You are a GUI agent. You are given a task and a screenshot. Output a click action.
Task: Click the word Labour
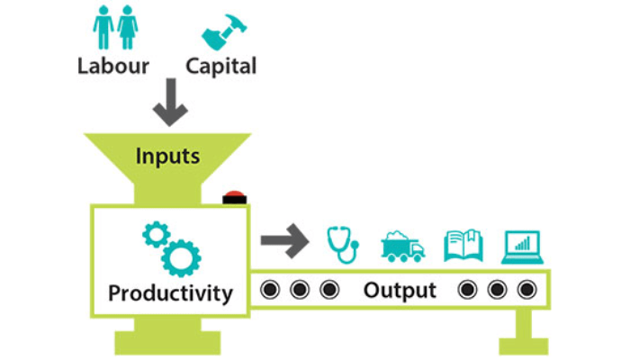114,66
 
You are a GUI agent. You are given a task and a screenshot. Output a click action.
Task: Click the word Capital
220,66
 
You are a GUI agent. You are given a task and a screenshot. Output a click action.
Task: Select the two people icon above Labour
114,27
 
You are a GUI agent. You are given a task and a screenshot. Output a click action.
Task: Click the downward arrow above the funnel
169,105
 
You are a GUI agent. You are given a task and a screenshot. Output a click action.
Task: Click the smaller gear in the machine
156,236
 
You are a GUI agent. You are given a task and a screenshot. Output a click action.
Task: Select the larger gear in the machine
182,256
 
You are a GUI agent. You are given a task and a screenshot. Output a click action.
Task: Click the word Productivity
170,293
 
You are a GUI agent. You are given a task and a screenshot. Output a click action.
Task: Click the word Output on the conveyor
400,291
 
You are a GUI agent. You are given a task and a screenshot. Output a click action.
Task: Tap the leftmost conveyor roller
267,291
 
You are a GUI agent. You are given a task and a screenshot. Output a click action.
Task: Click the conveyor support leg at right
523,330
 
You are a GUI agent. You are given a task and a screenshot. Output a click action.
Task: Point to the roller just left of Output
329,291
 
